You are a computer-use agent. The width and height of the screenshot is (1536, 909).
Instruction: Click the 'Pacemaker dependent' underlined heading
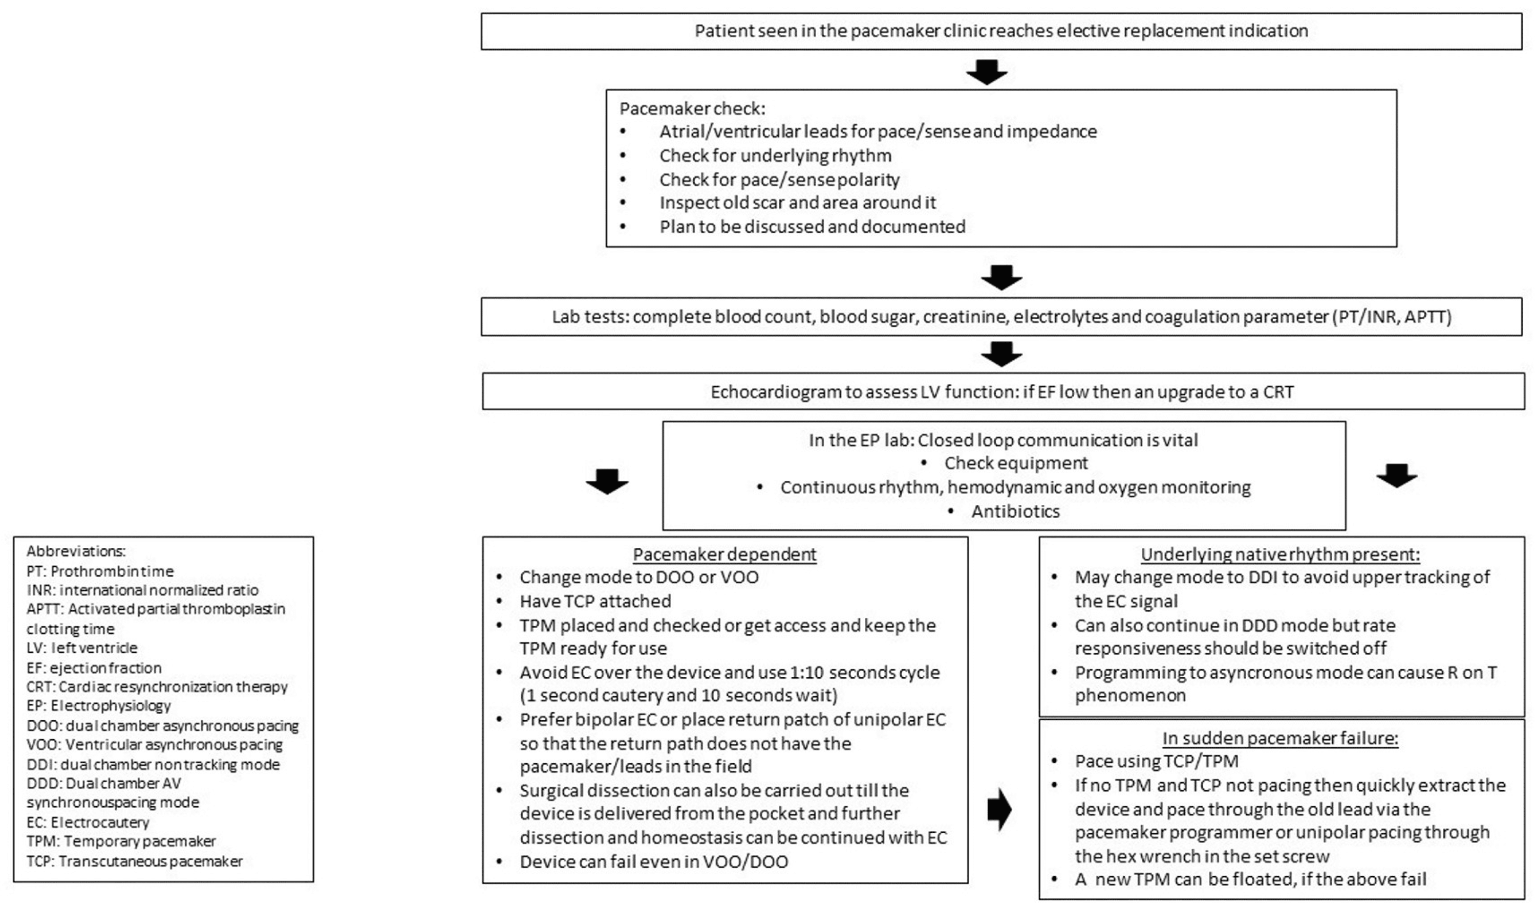pos(724,555)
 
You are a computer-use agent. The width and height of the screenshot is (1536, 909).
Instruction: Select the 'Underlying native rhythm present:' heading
pos(1280,555)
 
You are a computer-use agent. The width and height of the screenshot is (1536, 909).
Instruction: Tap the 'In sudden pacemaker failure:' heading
pos(1280,738)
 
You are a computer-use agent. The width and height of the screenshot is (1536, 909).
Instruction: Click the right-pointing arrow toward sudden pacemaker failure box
pos(1000,809)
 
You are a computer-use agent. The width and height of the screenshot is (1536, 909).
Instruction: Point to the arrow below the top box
pos(986,72)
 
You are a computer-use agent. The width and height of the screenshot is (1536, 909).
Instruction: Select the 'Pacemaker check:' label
pos(692,108)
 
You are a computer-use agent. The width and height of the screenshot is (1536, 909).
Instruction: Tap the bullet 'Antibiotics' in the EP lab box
pos(1015,511)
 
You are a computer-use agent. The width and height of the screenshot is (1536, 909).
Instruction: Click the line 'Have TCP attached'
pos(595,601)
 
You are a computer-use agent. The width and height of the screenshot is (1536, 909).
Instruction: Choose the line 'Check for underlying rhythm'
pos(775,156)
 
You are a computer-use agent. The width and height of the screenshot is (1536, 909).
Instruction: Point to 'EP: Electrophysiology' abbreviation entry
pos(99,705)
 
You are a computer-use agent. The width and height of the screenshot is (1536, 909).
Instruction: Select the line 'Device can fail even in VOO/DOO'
pos(653,861)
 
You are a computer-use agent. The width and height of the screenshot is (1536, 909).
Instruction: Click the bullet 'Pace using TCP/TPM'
pos(1156,761)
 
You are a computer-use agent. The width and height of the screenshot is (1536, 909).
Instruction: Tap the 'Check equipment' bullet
pos(1016,463)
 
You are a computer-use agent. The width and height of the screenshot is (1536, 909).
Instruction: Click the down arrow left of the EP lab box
pos(607,481)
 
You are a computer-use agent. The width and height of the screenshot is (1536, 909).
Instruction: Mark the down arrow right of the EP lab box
pos(1397,475)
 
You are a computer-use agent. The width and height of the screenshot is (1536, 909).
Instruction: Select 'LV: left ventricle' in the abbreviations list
pos(82,648)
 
